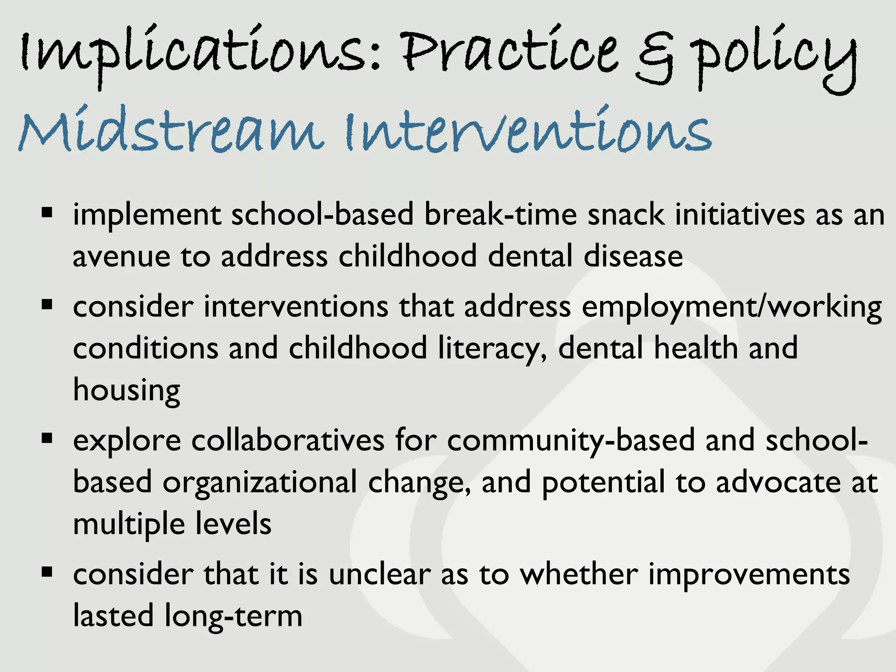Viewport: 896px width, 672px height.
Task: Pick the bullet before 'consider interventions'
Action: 47,304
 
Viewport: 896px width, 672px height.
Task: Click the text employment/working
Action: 731,308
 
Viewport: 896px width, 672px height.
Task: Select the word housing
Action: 126,390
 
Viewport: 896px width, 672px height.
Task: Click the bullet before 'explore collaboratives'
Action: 47,438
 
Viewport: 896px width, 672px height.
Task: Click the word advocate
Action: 778,482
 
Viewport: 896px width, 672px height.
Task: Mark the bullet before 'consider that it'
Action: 47,571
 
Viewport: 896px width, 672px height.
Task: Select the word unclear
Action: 379,574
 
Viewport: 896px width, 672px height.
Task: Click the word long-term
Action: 234,616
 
